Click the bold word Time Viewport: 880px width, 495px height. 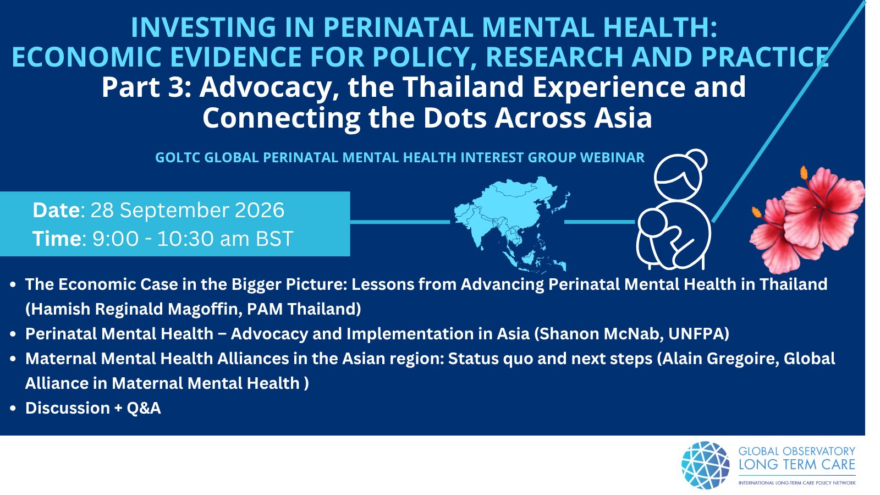coord(57,239)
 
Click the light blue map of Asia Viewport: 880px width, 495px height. coord(511,224)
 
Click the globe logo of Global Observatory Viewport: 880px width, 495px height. coord(706,465)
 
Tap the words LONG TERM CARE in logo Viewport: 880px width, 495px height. coord(797,465)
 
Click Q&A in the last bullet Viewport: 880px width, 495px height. coord(144,408)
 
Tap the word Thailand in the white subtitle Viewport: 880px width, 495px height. coord(464,87)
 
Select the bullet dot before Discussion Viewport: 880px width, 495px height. coord(13,409)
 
